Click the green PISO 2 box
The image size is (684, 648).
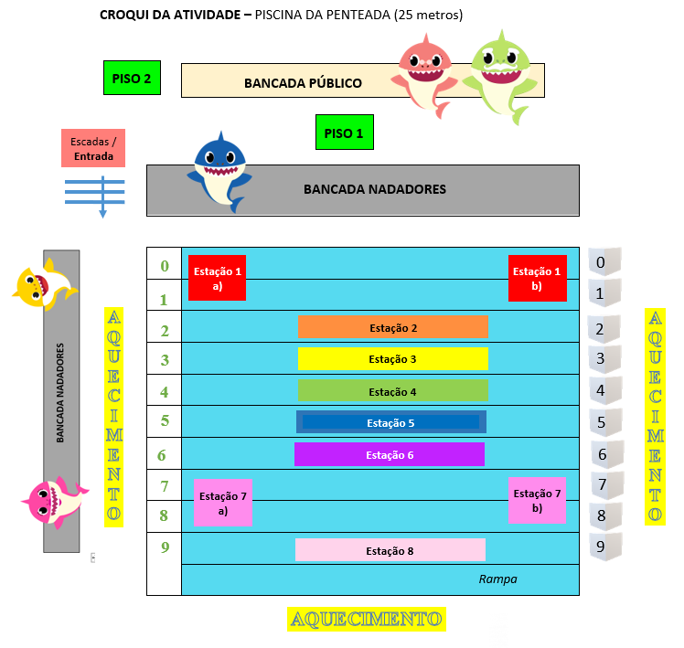tap(133, 78)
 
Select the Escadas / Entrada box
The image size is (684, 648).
tap(93, 148)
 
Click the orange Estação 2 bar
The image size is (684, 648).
tap(392, 327)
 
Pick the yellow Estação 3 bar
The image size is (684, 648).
tap(392, 359)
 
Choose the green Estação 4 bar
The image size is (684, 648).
tap(392, 391)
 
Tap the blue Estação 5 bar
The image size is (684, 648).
tap(390, 422)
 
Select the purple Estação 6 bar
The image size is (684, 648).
tap(390, 454)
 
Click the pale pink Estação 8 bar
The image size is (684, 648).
tap(390, 550)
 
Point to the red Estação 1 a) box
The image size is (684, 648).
tap(217, 278)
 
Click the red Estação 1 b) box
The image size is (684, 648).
tap(538, 278)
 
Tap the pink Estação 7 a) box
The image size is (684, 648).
tap(222, 503)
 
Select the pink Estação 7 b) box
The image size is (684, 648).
tap(538, 500)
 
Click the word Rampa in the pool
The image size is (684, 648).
tap(497, 579)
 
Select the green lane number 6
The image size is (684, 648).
tap(162, 455)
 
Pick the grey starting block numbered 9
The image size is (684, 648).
tap(602, 548)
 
